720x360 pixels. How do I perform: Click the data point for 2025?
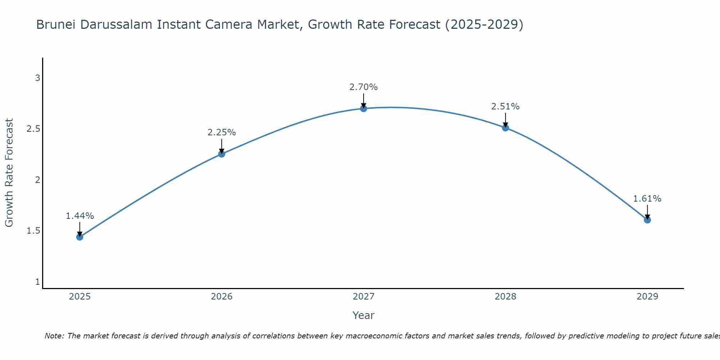click(80, 237)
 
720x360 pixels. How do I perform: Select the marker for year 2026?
click(222, 154)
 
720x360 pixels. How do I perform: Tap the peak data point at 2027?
click(364, 108)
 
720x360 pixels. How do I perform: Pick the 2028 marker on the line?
click(505, 128)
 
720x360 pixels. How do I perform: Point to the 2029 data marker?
click(647, 220)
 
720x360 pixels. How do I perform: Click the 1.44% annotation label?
click(80, 216)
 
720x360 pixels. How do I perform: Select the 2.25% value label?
click(222, 132)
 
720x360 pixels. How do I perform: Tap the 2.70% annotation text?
click(364, 87)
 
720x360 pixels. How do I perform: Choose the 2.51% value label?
click(505, 107)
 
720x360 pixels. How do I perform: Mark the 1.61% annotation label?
click(647, 199)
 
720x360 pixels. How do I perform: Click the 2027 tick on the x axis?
click(364, 297)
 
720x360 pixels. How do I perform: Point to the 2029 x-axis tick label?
click(647, 297)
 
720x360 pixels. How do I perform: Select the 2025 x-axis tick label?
click(80, 297)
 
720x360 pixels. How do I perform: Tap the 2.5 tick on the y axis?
click(33, 129)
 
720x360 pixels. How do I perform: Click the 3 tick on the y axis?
click(37, 78)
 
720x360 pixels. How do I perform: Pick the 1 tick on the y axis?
click(37, 282)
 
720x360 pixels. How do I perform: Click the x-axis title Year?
click(364, 315)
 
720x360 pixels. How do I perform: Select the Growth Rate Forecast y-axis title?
click(9, 173)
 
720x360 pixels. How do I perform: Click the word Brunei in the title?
click(56, 25)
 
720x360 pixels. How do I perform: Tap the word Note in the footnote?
click(54, 336)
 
